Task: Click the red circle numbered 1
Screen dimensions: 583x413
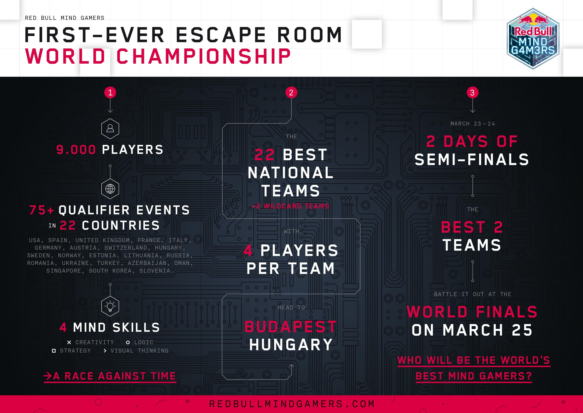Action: (x=110, y=93)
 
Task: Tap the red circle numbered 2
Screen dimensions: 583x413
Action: (x=291, y=93)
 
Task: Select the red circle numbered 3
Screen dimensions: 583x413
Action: (x=472, y=93)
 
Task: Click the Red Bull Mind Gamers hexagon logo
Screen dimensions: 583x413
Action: (x=533, y=39)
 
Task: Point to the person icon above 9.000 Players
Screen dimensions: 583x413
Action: (x=110, y=128)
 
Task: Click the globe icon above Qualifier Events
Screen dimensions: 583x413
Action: (x=110, y=189)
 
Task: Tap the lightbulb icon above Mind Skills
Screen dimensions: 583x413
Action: (x=110, y=306)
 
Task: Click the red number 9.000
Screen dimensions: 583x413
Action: (x=76, y=150)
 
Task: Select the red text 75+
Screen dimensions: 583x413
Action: (x=42, y=210)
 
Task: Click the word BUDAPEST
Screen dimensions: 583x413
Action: (x=291, y=327)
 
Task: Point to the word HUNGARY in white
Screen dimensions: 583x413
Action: (x=291, y=345)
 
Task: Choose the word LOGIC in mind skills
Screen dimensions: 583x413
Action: (x=144, y=342)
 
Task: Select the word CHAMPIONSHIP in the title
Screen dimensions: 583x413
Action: (x=203, y=56)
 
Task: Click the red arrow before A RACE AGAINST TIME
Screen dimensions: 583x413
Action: (x=48, y=376)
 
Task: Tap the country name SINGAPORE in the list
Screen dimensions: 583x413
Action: (x=64, y=271)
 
